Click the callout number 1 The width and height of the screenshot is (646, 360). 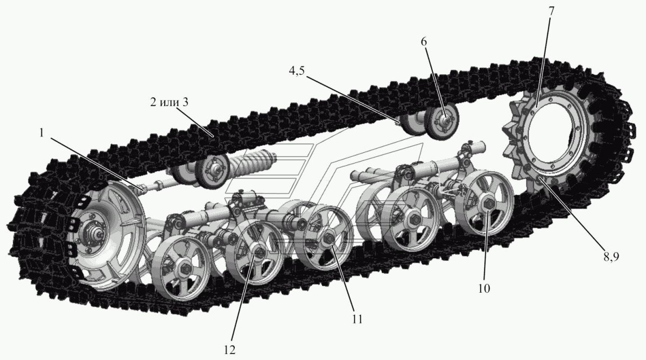tap(41, 133)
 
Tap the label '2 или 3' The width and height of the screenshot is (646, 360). tap(169, 102)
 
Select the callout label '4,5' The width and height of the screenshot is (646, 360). tap(297, 71)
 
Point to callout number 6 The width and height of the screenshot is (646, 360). tap(423, 42)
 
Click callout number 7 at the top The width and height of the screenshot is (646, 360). tap(551, 11)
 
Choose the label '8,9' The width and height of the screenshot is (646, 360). tap(612, 257)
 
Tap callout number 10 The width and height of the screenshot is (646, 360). tap(484, 288)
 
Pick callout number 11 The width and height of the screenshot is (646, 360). tap(357, 319)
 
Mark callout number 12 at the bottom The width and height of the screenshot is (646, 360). tap(230, 350)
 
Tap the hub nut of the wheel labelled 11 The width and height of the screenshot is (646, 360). tap(328, 238)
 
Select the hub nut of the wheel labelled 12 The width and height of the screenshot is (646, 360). tap(259, 253)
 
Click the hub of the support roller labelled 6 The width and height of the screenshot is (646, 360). tap(445, 121)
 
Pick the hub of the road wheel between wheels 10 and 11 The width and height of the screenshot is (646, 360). tap(414, 219)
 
